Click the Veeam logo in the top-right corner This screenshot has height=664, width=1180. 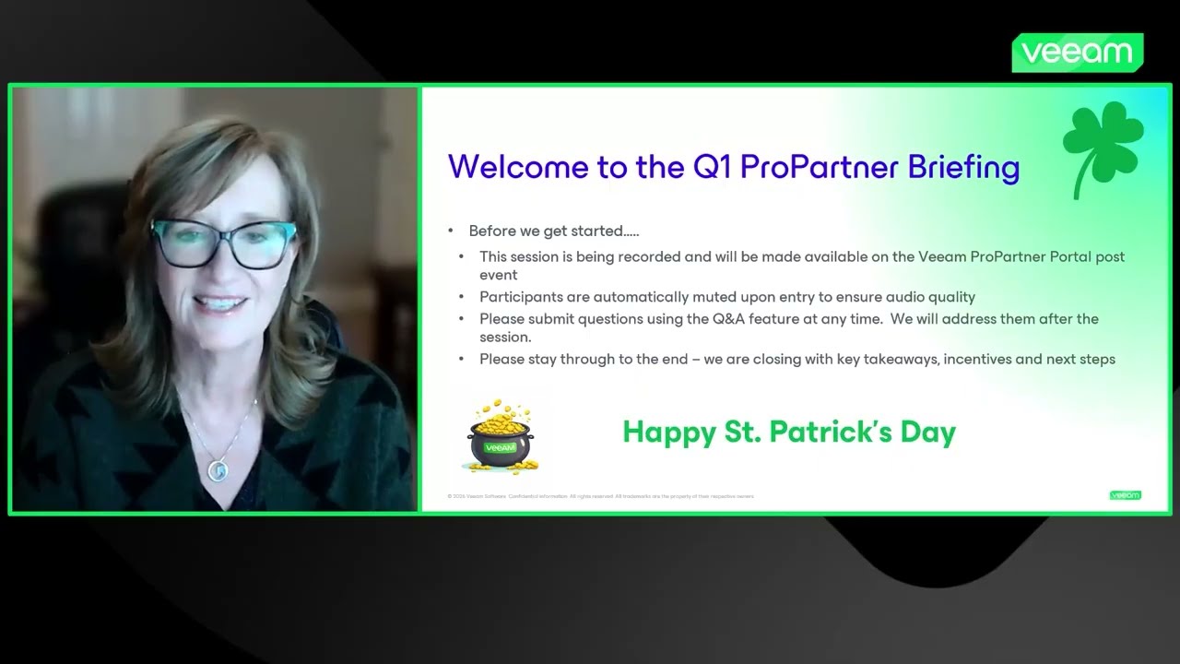pos(1077,53)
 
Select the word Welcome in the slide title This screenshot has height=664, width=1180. pos(503,167)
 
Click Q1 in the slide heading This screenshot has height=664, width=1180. pos(710,167)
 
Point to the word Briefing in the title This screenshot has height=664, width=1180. pos(963,167)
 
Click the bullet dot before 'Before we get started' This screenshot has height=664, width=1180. pos(451,231)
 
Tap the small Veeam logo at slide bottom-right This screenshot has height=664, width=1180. pos(1125,495)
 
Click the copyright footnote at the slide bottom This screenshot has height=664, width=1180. pos(600,496)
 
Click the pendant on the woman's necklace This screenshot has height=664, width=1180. pos(218,470)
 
